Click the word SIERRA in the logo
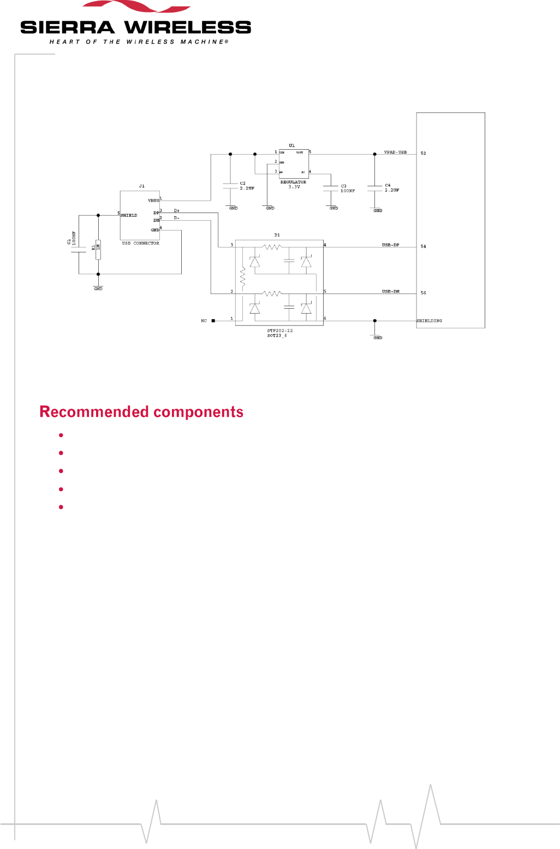[68, 27]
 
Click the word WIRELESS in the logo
[188, 27]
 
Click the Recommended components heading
[141, 412]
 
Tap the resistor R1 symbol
[98, 249]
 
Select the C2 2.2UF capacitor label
[247, 186]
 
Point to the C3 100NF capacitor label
[348, 188]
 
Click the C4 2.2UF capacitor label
[392, 188]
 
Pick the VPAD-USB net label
[395, 152]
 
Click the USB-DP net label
[390, 245]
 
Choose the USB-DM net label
[390, 292]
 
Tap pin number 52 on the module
[423, 154]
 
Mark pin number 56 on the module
[423, 293]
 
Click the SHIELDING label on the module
[430, 321]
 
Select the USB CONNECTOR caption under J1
[140, 243]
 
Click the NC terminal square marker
[213, 321]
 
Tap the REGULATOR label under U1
[293, 182]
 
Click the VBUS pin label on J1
[153, 201]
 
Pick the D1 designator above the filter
[277, 235]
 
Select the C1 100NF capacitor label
[72, 239]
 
